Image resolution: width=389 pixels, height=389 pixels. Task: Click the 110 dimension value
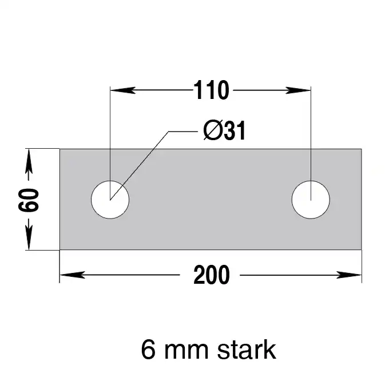211,90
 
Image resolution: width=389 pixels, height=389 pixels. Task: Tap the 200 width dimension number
211,275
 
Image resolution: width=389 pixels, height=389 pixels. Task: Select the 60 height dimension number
29,200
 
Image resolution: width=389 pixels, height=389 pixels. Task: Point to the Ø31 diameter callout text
224,130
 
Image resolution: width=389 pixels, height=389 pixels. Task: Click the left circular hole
110,200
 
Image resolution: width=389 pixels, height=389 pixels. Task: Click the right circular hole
311,200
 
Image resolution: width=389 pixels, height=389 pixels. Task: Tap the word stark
247,350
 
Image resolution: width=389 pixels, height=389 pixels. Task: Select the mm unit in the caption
186,352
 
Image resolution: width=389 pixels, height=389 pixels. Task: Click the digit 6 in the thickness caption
148,350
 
